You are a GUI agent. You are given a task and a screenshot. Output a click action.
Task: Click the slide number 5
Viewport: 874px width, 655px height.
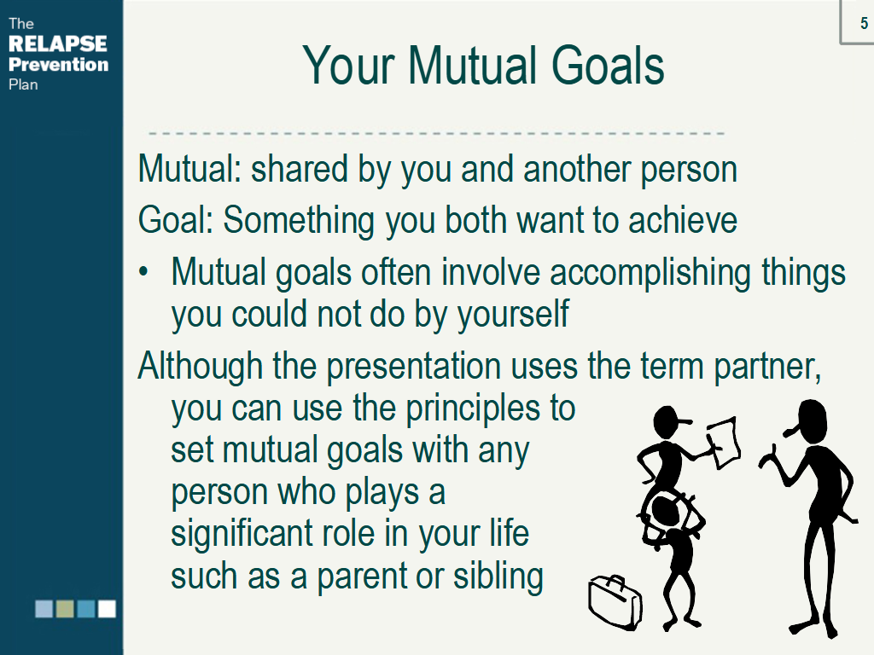[x=864, y=23]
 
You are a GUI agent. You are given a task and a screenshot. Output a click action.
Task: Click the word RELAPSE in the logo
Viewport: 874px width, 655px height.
[x=58, y=44]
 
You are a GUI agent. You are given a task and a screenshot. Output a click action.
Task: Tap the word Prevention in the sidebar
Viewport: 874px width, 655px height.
[x=59, y=65]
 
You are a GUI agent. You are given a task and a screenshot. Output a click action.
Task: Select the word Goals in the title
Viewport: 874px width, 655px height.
[x=608, y=66]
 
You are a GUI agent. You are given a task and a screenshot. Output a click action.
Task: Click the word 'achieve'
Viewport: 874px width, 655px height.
[x=683, y=221]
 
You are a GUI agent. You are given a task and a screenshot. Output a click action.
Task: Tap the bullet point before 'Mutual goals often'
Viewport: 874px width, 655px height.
[x=143, y=272]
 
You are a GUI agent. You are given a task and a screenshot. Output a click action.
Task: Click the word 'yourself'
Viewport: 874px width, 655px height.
[x=513, y=316]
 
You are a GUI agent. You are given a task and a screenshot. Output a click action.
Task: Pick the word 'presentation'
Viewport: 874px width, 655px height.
[x=414, y=368]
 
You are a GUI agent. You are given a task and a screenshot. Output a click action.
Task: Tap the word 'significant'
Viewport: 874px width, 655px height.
[x=249, y=535]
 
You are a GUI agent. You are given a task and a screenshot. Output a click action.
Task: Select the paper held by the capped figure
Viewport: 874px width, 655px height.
[x=724, y=443]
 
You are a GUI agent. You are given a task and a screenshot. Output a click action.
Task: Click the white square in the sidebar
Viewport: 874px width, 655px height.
[x=107, y=609]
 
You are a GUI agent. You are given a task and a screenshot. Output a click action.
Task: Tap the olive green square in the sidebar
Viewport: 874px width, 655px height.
[x=65, y=609]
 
